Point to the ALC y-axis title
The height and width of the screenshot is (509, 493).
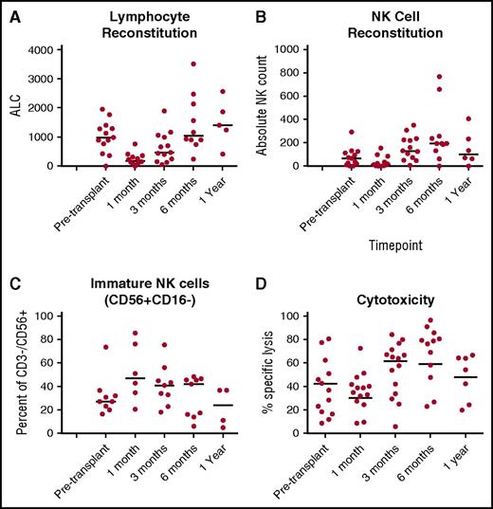point(13,107)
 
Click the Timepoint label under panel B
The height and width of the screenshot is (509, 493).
point(391,244)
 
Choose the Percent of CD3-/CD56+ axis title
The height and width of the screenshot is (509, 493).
point(13,370)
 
